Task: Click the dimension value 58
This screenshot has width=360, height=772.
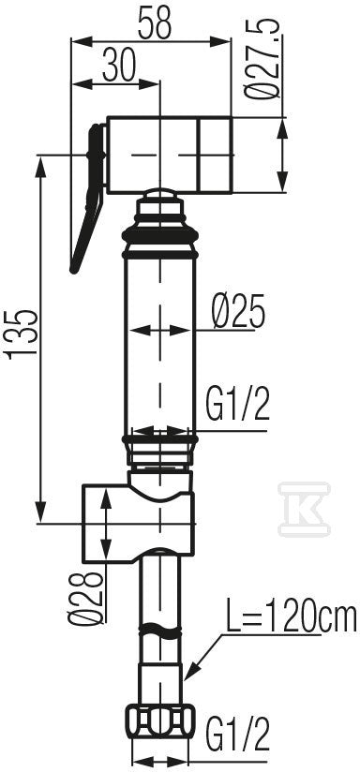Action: click(155, 23)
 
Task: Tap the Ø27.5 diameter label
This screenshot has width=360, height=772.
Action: click(263, 60)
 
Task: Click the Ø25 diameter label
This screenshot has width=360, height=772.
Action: click(239, 312)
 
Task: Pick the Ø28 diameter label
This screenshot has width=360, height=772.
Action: click(86, 599)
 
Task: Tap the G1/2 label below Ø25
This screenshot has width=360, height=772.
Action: click(238, 404)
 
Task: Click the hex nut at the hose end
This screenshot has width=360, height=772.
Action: click(160, 721)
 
